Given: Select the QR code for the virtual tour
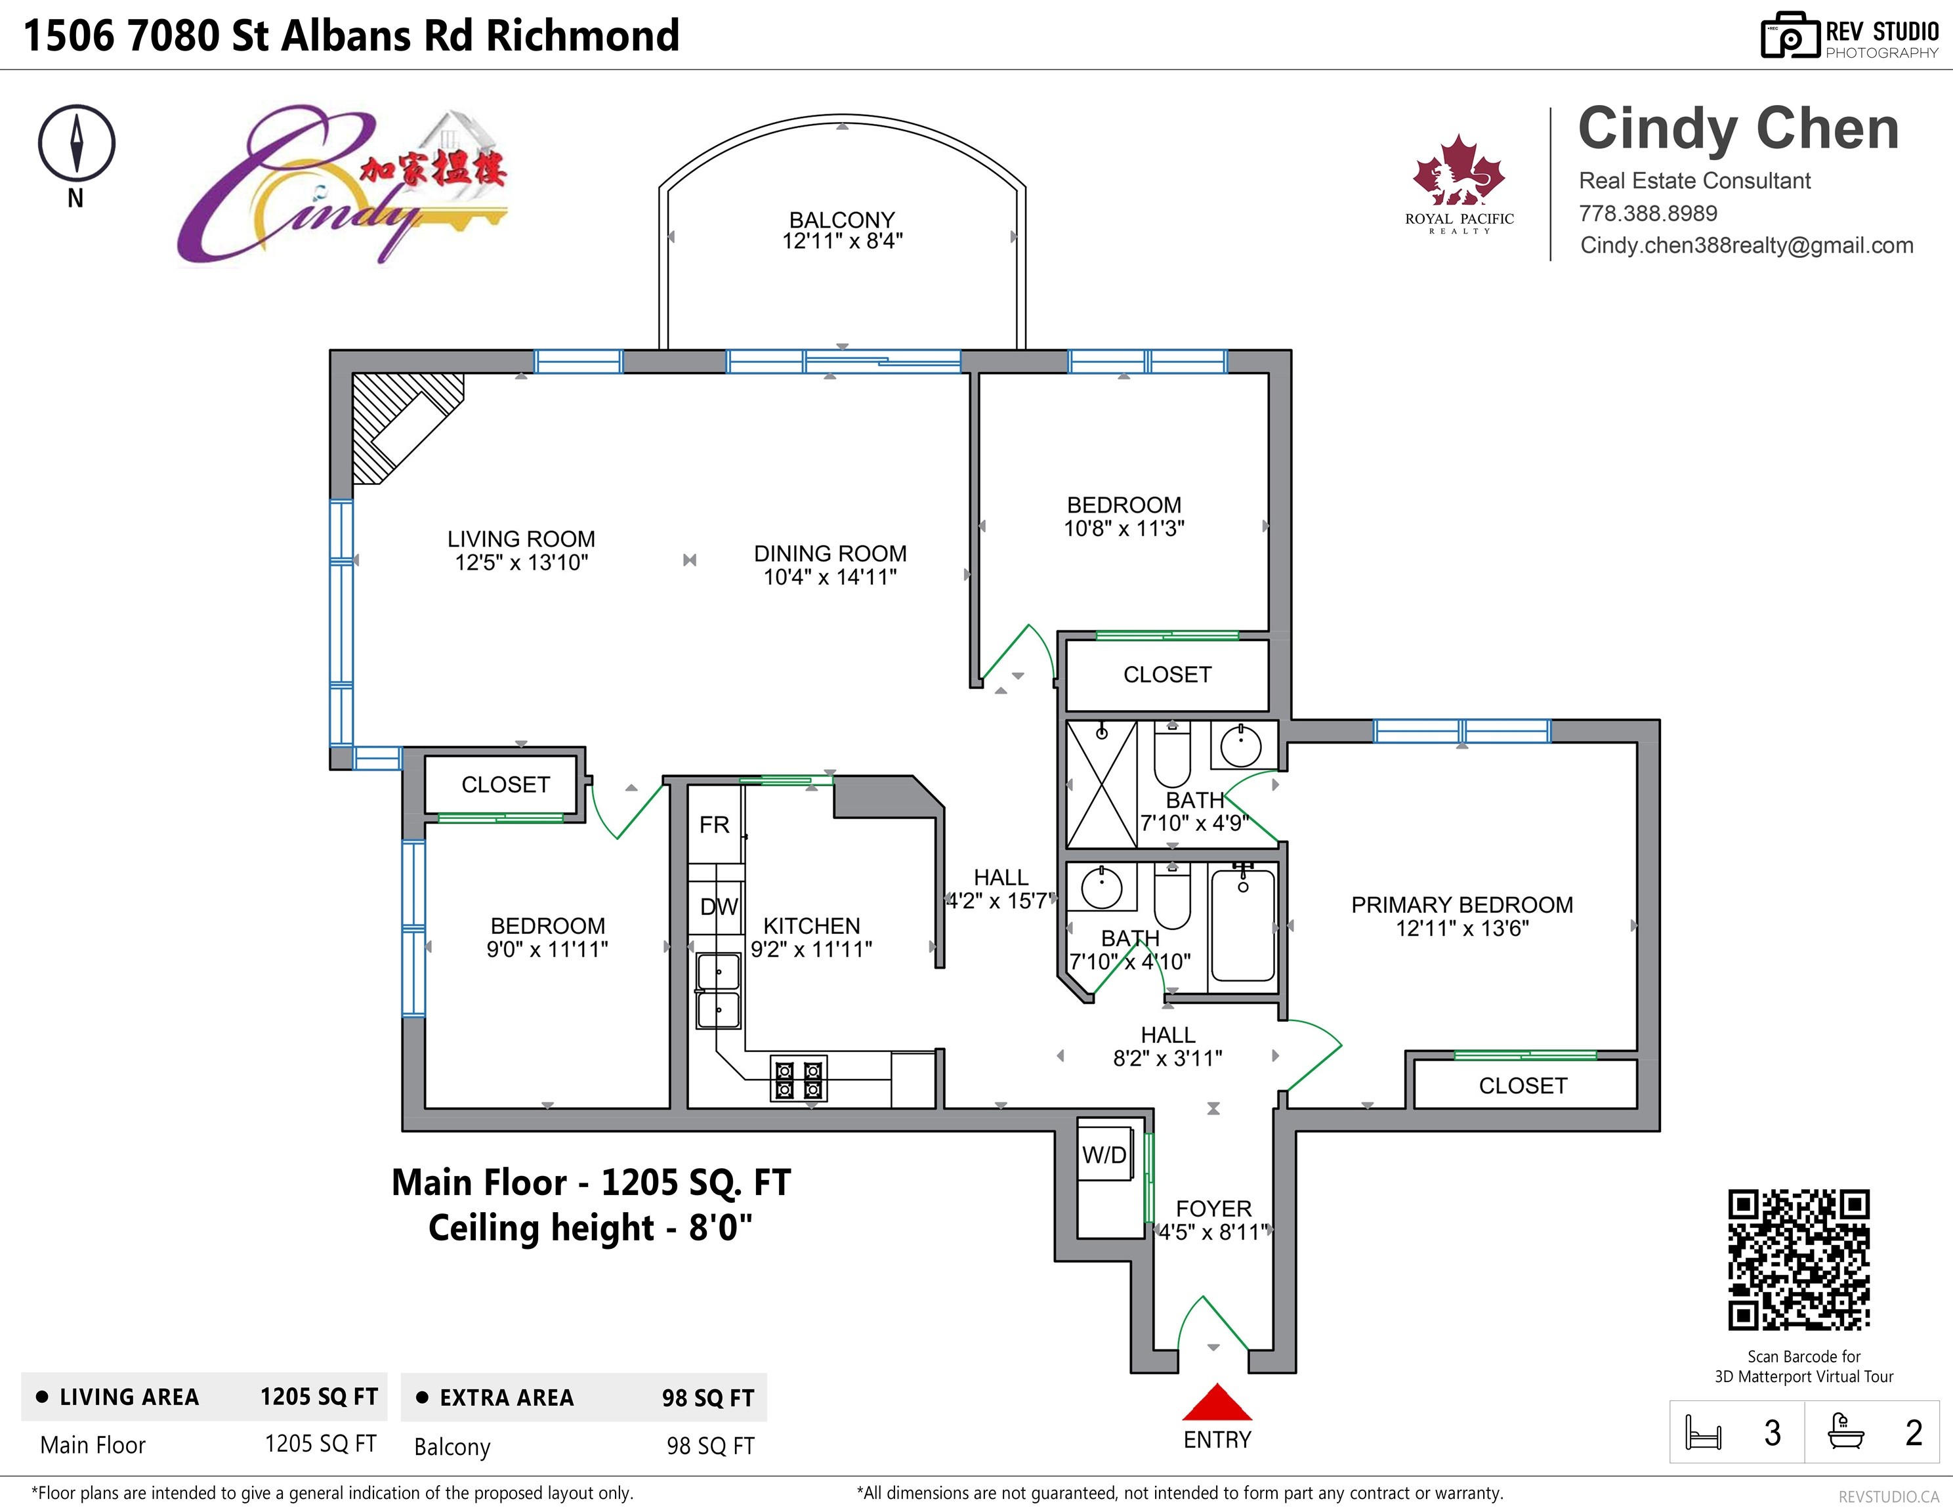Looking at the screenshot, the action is tap(1799, 1260).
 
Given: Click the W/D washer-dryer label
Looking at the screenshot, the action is tap(1104, 1154).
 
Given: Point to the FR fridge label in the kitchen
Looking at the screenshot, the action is tap(715, 824).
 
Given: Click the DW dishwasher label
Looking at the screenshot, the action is tap(719, 907).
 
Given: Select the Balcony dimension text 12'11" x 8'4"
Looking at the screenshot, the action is tap(843, 241).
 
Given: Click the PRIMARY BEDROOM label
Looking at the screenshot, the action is tap(1462, 905).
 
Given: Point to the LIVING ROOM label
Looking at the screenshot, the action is tap(521, 539).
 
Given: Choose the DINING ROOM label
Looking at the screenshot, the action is tap(830, 553).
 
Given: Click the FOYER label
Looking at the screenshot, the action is tap(1213, 1209).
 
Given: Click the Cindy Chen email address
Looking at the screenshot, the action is tap(1746, 246).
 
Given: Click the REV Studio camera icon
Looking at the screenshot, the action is tap(1790, 36).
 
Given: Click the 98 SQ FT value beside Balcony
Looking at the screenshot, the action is tap(710, 1446).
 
